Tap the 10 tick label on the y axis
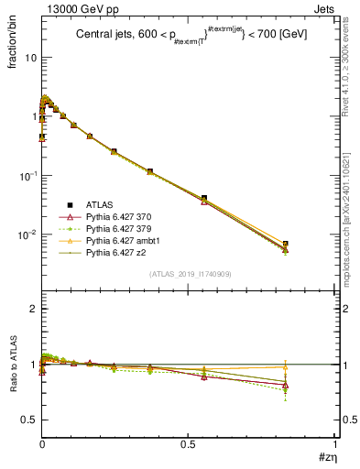(28, 58)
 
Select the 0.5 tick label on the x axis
(188, 442)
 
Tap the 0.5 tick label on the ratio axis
(27, 420)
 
